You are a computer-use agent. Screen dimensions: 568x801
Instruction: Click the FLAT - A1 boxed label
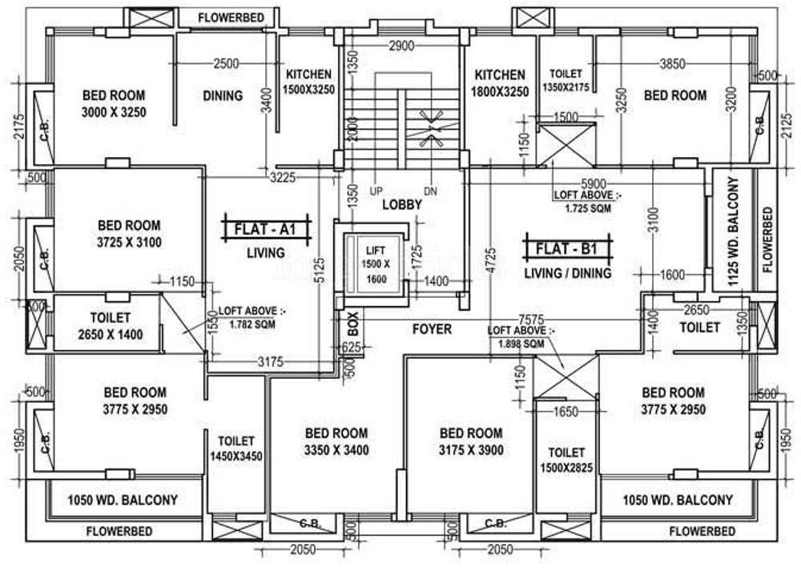point(265,229)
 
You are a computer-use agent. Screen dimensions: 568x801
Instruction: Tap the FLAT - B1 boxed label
point(567,248)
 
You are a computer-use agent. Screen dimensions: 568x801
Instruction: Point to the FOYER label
point(432,328)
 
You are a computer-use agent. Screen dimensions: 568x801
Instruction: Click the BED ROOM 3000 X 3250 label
point(114,103)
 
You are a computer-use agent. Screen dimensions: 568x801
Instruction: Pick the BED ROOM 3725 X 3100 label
point(129,234)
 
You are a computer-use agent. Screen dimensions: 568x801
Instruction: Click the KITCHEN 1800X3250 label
point(499,83)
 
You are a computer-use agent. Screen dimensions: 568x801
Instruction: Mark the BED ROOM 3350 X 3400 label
point(336,442)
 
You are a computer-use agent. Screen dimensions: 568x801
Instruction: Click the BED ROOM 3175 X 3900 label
point(471,442)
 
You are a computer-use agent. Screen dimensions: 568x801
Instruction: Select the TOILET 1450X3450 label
point(235,449)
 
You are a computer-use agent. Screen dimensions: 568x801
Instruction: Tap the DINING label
point(222,95)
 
